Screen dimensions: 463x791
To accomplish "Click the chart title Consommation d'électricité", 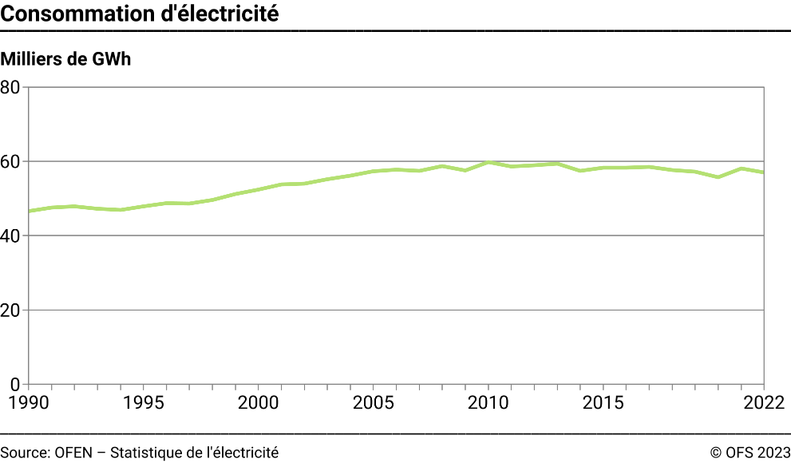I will tap(140, 14).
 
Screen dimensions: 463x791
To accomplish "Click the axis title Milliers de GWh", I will tap(65, 59).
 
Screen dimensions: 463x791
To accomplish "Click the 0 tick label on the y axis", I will tap(16, 384).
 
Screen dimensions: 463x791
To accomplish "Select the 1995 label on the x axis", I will tap(143, 402).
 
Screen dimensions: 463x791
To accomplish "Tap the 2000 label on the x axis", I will tap(258, 402).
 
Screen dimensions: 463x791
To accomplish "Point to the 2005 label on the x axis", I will tap(373, 402).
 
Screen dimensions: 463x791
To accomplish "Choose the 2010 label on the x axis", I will tap(488, 402).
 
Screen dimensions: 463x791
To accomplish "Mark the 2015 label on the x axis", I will tap(603, 402).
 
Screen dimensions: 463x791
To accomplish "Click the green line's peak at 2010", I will tap(488, 162).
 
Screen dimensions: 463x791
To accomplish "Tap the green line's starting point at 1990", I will tap(29, 211).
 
